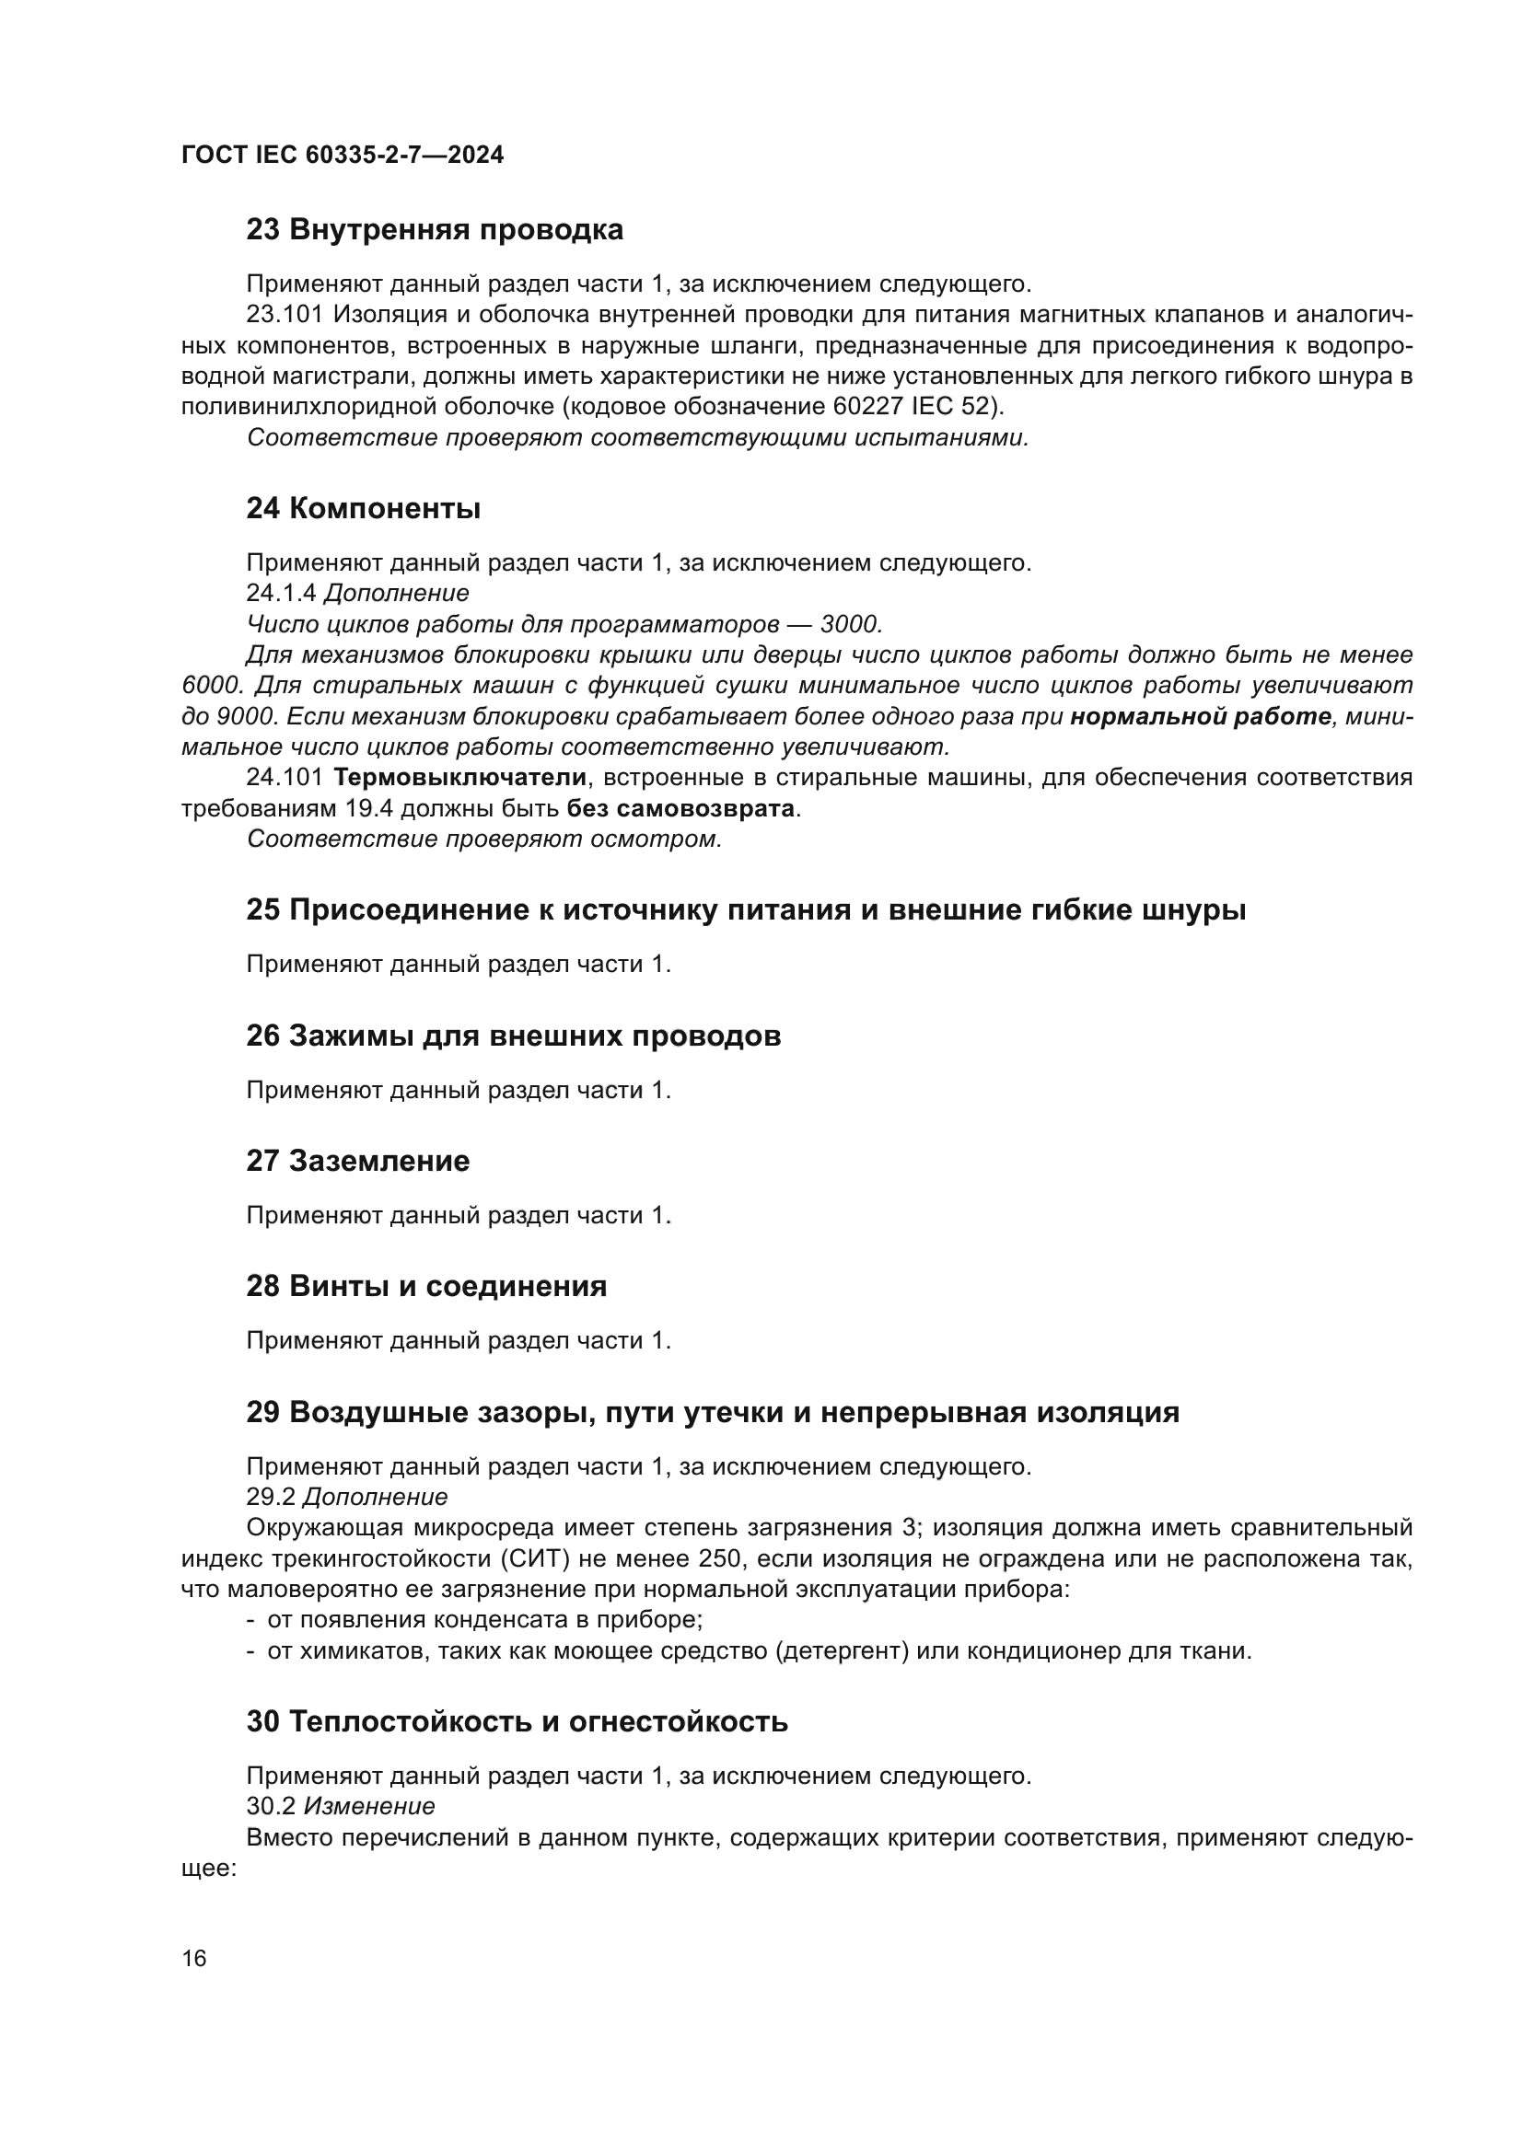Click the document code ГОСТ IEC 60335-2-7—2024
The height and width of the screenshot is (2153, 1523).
coord(343,155)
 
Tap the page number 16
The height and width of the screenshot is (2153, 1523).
coord(194,1958)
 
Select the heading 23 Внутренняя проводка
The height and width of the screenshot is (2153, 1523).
coord(435,229)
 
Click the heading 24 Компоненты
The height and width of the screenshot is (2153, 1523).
coord(363,508)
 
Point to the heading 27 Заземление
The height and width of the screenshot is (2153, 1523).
coord(357,1161)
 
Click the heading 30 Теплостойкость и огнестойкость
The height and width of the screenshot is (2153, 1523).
coord(517,1721)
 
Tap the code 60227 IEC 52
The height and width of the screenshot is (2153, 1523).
coord(913,406)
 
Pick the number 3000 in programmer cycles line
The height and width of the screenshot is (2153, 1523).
coord(849,623)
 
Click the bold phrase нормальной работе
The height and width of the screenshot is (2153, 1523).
coord(1201,716)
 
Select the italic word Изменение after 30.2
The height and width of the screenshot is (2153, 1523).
coord(369,1805)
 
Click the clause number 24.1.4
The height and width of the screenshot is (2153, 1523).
coord(282,593)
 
